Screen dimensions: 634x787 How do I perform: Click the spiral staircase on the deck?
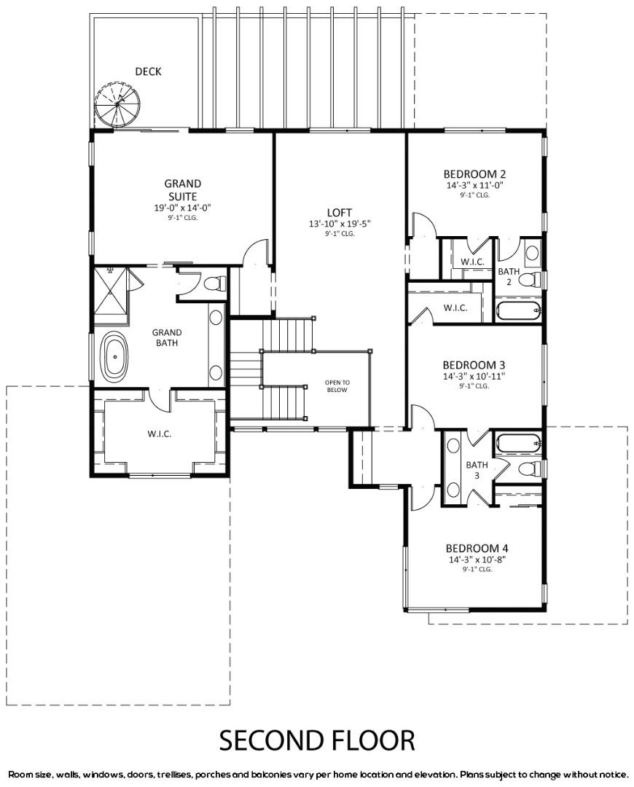(117, 104)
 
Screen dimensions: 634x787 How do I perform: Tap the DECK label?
(148, 71)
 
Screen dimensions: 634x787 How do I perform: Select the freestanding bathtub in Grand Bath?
(115, 356)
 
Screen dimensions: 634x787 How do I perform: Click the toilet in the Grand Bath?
(214, 283)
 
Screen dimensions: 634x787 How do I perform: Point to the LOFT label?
(340, 212)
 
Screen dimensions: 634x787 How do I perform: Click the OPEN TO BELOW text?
(337, 386)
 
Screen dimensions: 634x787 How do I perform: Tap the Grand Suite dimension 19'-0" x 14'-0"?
(182, 207)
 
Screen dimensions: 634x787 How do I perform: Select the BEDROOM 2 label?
(474, 174)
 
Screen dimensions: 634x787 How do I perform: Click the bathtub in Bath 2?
(519, 310)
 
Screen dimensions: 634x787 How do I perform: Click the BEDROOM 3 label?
(474, 365)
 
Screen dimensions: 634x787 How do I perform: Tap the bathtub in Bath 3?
(519, 444)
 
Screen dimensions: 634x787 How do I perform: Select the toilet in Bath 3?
(530, 469)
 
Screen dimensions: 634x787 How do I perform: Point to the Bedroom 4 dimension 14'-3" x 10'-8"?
(477, 559)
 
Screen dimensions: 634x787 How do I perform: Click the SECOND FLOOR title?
(317, 740)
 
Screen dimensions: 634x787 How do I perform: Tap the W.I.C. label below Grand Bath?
(160, 434)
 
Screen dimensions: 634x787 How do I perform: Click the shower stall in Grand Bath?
(111, 291)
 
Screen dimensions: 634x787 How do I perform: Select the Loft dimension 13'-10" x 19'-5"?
(340, 224)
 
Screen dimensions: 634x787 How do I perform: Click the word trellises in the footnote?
(175, 775)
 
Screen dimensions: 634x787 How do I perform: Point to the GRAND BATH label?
(167, 337)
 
